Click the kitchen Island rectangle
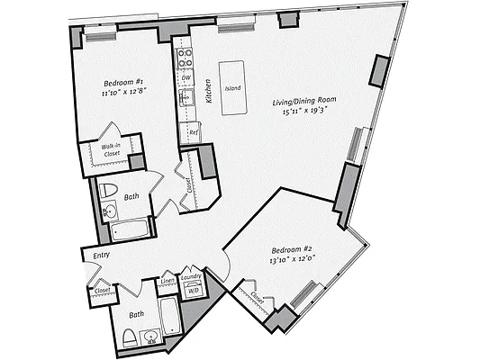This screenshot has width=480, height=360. click(x=234, y=88)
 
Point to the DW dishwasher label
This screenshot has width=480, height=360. click(x=186, y=79)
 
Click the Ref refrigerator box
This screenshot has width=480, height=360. click(x=193, y=131)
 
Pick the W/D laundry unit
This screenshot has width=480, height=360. click(x=194, y=290)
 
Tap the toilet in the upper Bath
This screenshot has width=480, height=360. click(x=108, y=190)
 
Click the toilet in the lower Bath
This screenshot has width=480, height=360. click(x=129, y=337)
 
